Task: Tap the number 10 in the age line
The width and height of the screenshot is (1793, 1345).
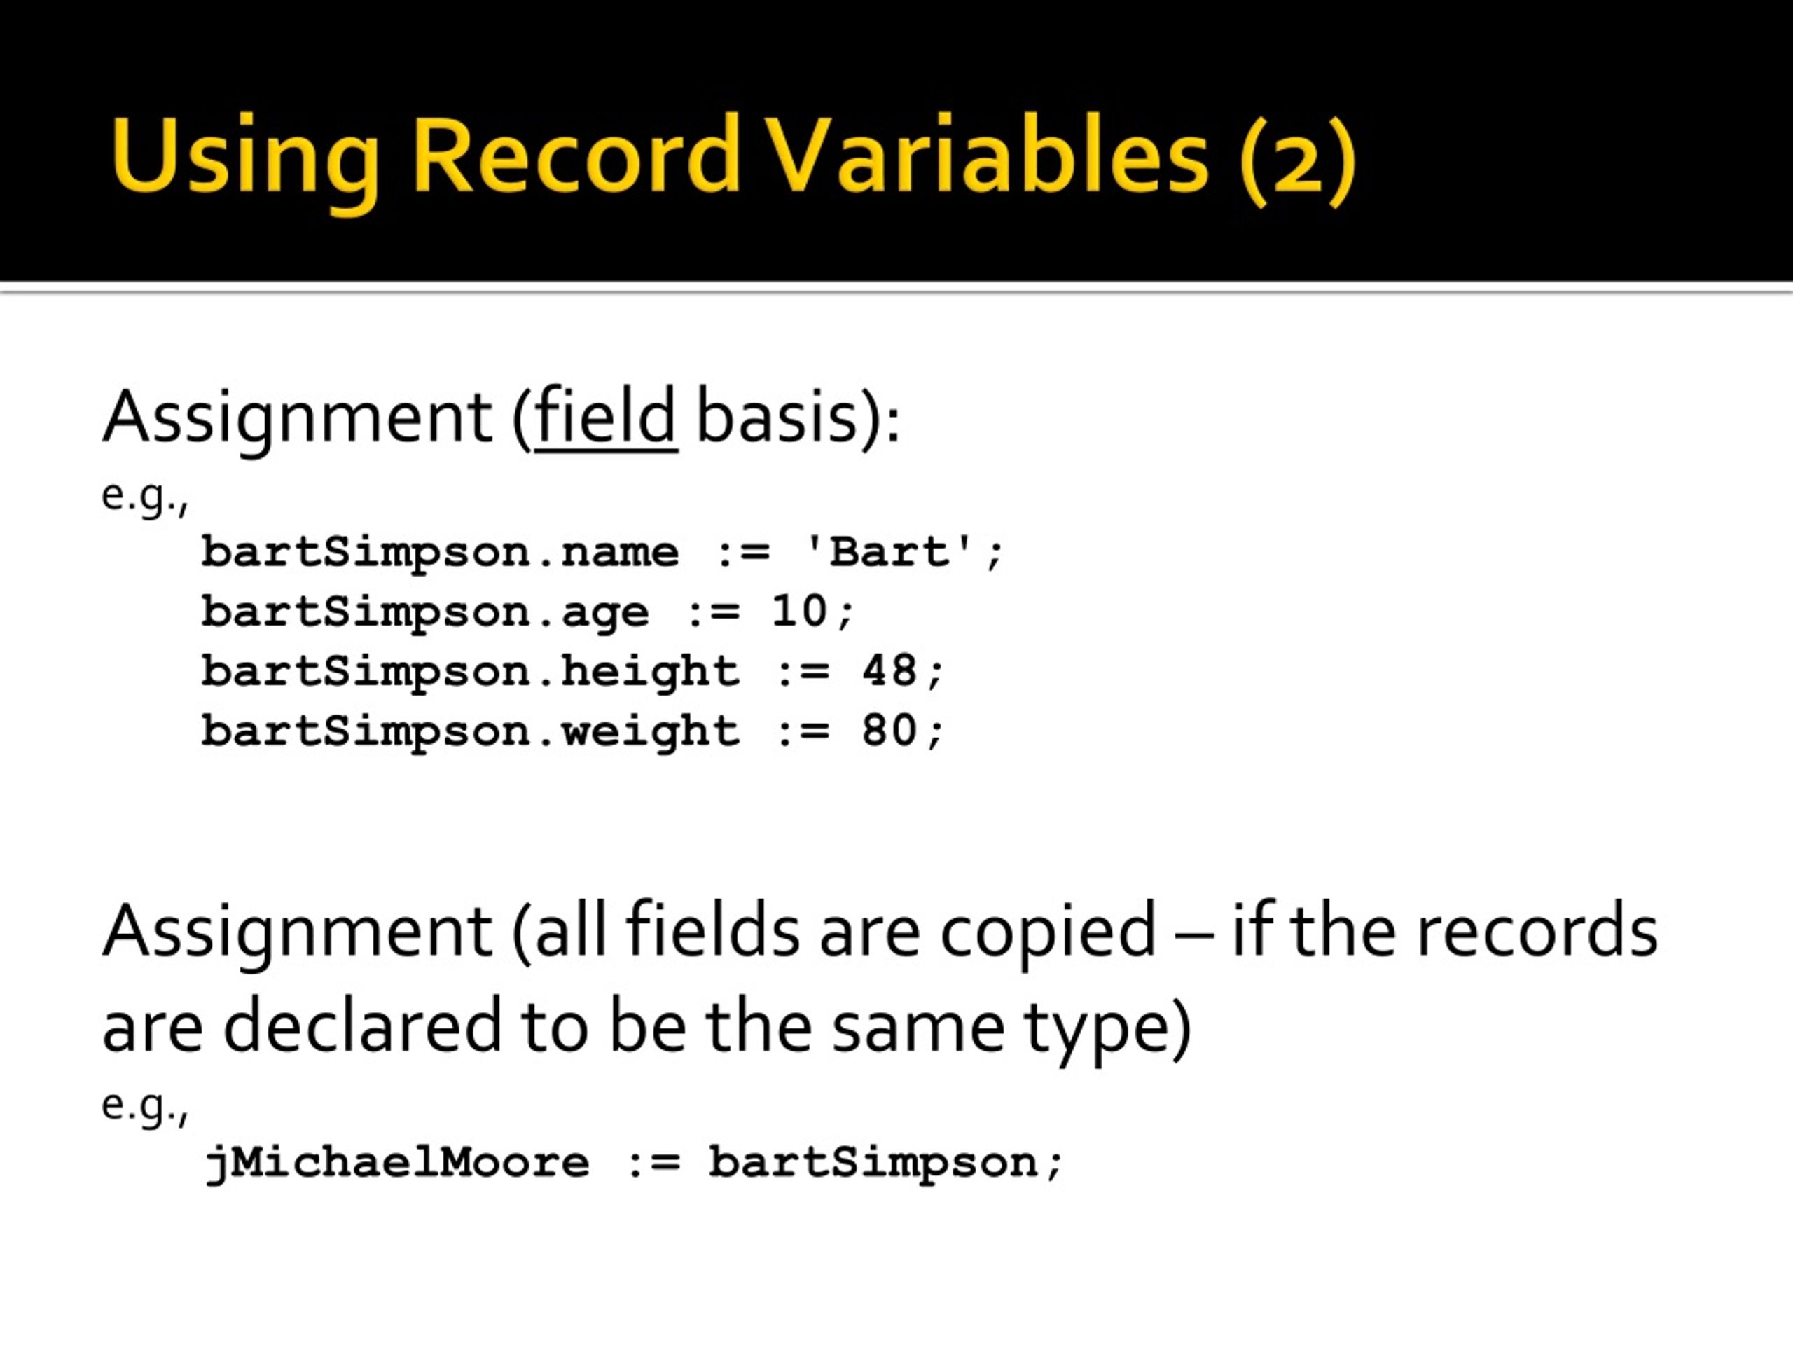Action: [799, 612]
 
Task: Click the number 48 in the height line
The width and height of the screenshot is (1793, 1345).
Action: [889, 671]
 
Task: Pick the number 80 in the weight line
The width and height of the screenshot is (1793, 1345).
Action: [889, 731]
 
